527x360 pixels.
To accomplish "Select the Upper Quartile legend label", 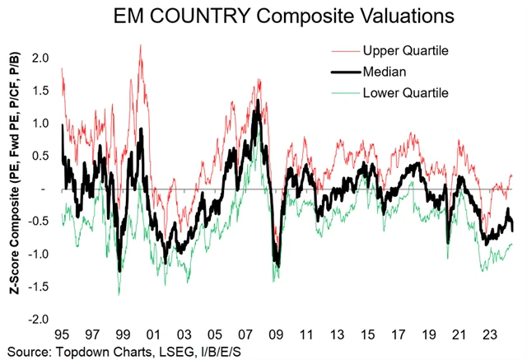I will coord(405,51).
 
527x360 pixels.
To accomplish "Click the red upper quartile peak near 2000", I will coord(141,46).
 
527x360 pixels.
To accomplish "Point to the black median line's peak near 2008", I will coord(258,101).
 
